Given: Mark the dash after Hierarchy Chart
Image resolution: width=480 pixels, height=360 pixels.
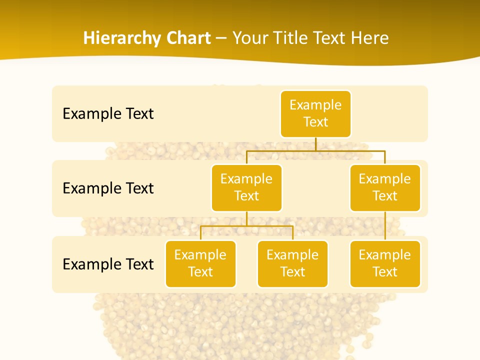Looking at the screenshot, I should pyautogui.click(x=221, y=38).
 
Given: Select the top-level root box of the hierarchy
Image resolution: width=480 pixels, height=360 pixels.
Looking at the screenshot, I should pyautogui.click(x=315, y=114).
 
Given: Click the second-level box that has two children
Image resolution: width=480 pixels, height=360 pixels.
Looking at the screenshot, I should pyautogui.click(x=246, y=188).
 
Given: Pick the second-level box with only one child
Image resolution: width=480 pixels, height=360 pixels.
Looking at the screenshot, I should pyautogui.click(x=385, y=188).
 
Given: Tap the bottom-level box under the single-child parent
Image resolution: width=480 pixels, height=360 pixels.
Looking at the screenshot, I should pyautogui.click(x=385, y=264).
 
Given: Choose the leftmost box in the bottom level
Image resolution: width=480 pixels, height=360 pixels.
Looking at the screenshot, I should pyautogui.click(x=200, y=264).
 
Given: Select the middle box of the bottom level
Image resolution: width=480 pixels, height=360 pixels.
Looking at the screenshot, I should pyautogui.click(x=292, y=264).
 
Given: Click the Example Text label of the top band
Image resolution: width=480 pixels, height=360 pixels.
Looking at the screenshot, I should pyautogui.click(x=108, y=114).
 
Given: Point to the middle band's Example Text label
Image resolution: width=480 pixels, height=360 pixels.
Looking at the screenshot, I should pyautogui.click(x=108, y=188).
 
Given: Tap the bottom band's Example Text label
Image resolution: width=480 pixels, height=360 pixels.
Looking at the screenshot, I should pyautogui.click(x=108, y=264).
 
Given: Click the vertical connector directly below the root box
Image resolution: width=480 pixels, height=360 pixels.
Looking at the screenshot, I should pyautogui.click(x=315, y=144).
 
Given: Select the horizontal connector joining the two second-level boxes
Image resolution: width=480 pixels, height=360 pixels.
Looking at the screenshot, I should pyautogui.click(x=315, y=150).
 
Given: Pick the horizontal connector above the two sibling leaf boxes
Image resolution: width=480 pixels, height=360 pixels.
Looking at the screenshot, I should pyautogui.click(x=246, y=226).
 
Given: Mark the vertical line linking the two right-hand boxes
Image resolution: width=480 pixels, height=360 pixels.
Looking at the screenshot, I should pyautogui.click(x=385, y=226).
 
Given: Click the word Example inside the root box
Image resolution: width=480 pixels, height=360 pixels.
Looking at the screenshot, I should pyautogui.click(x=315, y=105).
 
